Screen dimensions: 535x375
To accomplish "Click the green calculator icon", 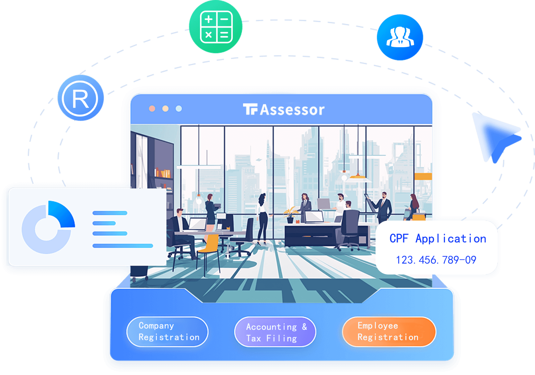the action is (x=215, y=26).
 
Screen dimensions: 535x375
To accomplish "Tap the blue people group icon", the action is (x=400, y=37).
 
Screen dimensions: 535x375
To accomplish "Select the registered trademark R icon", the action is (x=80, y=98).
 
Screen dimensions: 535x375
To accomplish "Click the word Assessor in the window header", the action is (x=292, y=110).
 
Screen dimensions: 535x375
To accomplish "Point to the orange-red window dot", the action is (x=152, y=109).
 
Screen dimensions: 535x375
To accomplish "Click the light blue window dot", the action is (x=179, y=109).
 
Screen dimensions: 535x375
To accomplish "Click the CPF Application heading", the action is (x=438, y=239).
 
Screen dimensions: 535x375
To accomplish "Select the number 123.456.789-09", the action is (x=436, y=260).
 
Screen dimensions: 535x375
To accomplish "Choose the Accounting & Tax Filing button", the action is (x=275, y=332).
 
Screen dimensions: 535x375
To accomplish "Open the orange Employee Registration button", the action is (x=389, y=332).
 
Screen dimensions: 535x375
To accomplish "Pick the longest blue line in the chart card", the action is (x=122, y=246).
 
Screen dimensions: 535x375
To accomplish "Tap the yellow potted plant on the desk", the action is (x=290, y=215).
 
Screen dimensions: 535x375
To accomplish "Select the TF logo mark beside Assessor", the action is (x=250, y=109).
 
